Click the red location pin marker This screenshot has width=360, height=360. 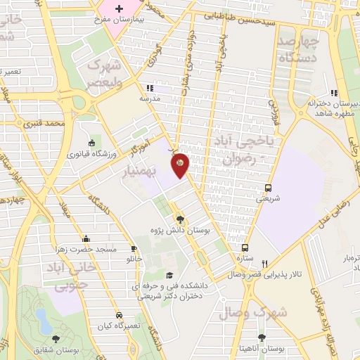pos(181,165)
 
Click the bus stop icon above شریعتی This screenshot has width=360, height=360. pos(267,188)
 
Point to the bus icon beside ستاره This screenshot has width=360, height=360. pos(245,248)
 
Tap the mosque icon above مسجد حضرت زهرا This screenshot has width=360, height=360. pos(85,238)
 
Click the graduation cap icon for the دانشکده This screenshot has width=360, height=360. pos(169,276)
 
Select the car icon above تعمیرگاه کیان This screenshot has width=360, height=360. pos(120,314)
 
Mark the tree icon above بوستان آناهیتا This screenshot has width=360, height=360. pos(262,338)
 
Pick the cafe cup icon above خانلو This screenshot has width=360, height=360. pos(134,249)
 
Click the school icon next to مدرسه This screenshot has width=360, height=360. pos(148,89)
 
